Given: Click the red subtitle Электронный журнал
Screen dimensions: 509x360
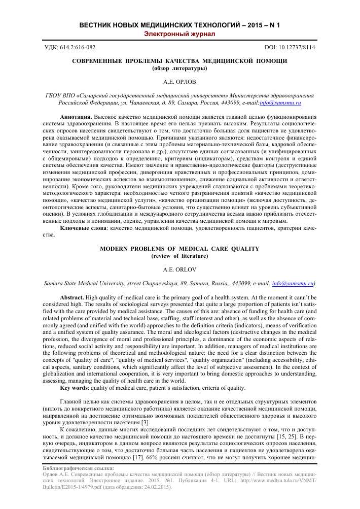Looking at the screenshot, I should click(180, 34).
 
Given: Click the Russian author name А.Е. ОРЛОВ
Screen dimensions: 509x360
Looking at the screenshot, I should click(179, 81).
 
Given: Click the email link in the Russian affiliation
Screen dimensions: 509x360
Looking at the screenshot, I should click(280, 103).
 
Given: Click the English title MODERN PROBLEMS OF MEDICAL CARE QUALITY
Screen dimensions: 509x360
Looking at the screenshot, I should click(179, 249).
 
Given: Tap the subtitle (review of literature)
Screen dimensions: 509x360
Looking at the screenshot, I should click(179, 256).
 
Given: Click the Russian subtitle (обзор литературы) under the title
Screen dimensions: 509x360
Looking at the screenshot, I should click(179, 68).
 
